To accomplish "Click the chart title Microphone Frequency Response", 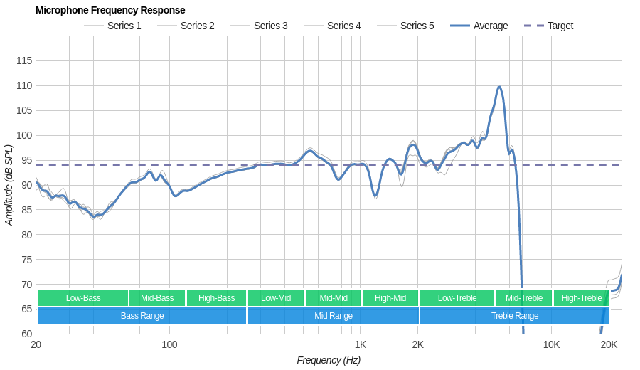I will click(x=110, y=10).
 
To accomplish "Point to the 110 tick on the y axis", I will click(x=24, y=85).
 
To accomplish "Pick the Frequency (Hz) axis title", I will click(x=329, y=360).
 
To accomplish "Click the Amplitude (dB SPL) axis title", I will click(x=9, y=185).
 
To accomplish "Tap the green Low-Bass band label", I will click(x=83, y=298).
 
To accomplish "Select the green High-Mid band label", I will click(x=390, y=298).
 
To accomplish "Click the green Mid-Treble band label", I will click(x=524, y=298).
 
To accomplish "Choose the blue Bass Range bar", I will click(x=142, y=316).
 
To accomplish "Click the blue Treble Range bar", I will click(x=515, y=316).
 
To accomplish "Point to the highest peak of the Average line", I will click(x=500, y=87).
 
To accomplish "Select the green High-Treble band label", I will click(x=582, y=298).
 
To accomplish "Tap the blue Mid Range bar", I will click(x=334, y=316).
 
